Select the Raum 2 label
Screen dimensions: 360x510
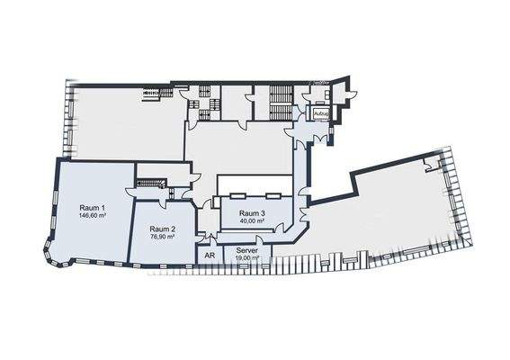click(163, 229)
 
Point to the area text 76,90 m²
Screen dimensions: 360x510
click(163, 238)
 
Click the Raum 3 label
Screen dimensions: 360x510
click(252, 212)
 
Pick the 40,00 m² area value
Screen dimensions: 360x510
click(252, 220)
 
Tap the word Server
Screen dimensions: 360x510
click(246, 249)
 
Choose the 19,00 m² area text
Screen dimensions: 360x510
click(246, 257)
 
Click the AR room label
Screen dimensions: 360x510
click(209, 256)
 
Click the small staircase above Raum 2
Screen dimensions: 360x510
click(151, 184)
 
